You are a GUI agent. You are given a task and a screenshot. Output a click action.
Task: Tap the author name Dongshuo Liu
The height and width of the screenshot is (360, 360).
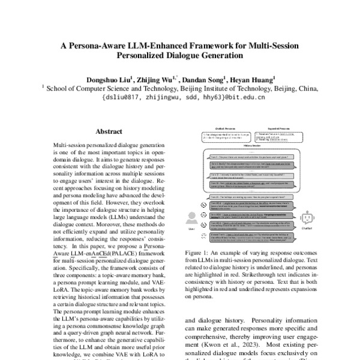[x=103, y=77]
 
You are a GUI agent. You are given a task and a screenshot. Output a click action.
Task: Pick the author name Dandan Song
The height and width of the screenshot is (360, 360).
[x=199, y=77]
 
